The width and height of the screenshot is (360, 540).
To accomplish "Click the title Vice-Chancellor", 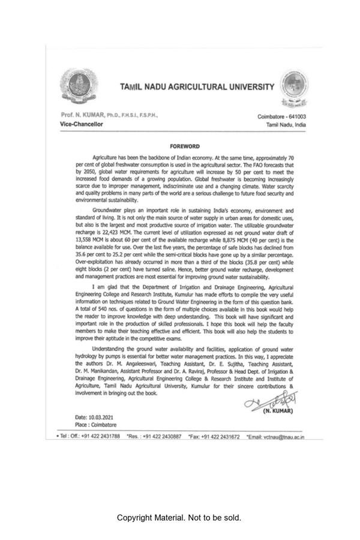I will pyautogui.click(x=82, y=124).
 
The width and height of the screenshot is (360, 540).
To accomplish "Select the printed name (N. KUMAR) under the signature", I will pyautogui.click(x=278, y=411).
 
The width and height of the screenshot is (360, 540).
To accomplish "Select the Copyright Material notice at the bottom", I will pyautogui.click(x=179, y=517).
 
